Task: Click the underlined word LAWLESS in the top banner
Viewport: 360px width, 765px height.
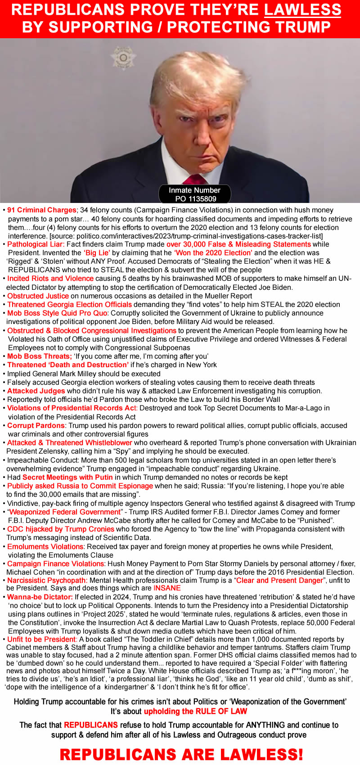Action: point(302,9)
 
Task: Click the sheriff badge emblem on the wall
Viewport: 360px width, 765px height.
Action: point(123,58)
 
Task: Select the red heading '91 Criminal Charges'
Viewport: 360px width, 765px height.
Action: point(42,210)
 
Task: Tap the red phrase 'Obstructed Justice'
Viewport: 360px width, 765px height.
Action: point(38,296)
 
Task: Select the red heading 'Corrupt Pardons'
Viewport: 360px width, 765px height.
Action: point(36,426)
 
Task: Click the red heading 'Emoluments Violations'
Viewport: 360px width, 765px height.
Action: point(45,547)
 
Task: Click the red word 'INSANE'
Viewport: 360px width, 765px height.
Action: point(167,588)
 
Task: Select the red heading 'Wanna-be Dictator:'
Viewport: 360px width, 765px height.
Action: point(40,597)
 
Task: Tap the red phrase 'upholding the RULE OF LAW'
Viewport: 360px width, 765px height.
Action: point(195,711)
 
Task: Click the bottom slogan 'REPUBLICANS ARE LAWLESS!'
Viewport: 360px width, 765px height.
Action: point(181,754)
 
